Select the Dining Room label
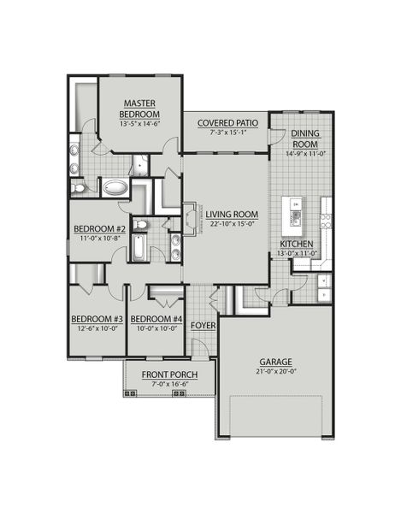[x=305, y=139]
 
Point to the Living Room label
[x=232, y=214]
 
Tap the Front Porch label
[x=170, y=375]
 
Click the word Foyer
[x=203, y=326]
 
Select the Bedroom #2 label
[x=99, y=229]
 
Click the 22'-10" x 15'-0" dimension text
[x=232, y=224]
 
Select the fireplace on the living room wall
[x=189, y=216]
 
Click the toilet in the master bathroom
[x=78, y=186]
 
